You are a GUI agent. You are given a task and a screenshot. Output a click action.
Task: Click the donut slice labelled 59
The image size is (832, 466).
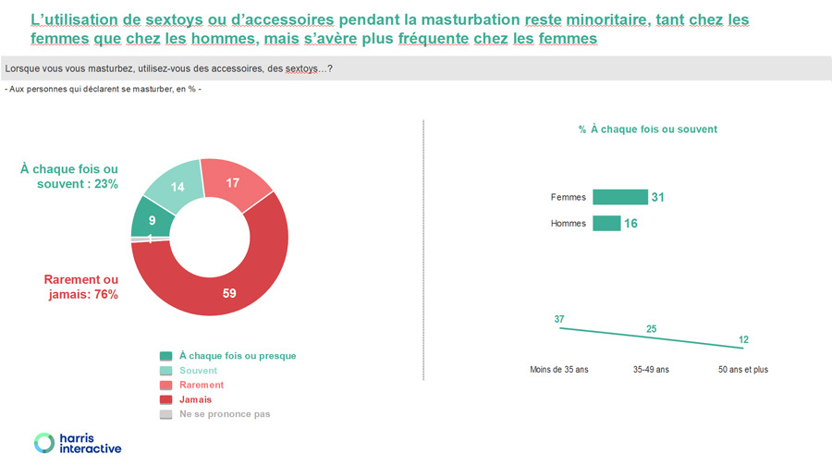tap(228, 292)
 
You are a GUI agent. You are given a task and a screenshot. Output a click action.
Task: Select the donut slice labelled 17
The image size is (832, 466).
tap(234, 182)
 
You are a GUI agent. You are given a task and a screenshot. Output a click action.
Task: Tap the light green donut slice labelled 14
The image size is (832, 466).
tap(177, 186)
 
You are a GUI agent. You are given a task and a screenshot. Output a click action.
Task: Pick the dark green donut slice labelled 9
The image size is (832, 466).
tap(151, 220)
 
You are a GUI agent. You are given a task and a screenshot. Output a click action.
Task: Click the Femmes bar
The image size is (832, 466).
tap(620, 197)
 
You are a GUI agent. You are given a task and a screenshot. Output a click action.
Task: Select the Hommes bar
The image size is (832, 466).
tap(606, 223)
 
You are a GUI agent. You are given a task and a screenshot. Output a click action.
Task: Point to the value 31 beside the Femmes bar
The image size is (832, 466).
tap(658, 198)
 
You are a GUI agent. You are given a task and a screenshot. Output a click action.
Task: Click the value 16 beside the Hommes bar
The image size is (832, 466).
tap(630, 224)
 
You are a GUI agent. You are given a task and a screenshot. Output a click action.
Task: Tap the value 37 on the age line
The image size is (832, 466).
tap(559, 319)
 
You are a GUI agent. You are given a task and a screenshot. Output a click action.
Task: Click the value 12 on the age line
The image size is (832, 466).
tap(743, 339)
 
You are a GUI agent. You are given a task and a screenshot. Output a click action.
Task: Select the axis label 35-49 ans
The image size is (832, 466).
tap(651, 370)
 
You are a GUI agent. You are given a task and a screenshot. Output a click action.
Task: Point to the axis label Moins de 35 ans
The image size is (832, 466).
tap(559, 370)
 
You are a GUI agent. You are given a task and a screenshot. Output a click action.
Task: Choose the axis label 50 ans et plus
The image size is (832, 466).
tap(743, 370)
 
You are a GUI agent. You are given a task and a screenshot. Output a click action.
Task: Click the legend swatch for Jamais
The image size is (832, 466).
tap(166, 399)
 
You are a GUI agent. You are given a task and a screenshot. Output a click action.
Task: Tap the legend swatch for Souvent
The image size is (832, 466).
tap(166, 371)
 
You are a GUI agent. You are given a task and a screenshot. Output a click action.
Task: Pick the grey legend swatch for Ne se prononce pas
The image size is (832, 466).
tap(166, 414)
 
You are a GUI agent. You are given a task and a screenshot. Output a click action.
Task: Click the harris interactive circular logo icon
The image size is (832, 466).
tap(44, 443)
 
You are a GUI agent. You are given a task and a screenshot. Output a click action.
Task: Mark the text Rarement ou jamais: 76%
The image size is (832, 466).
tap(81, 287)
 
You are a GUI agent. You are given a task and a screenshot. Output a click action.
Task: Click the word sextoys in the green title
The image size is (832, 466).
tap(174, 19)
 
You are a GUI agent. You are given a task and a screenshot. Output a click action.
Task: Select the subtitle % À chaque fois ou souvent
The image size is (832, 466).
tap(647, 129)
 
